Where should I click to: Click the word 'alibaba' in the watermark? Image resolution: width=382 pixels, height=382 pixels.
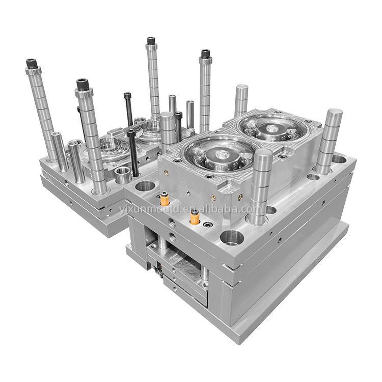tap(224, 208)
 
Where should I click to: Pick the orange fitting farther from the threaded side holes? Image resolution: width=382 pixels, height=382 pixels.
tap(165, 199)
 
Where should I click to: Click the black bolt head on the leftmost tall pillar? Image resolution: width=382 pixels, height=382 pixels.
tap(32, 64)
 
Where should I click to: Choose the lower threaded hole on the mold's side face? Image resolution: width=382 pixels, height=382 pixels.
tap(173, 236)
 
